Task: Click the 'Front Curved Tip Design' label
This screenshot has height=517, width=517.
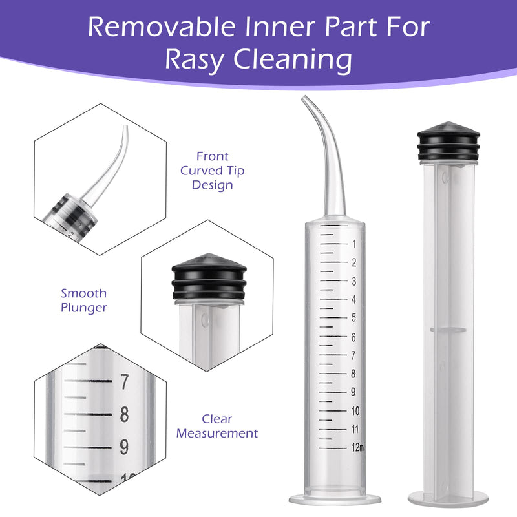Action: point(213,171)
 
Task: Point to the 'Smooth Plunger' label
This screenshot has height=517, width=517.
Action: point(84,301)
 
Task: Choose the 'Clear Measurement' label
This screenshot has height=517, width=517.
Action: point(217,426)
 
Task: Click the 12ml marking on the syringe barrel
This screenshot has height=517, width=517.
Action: point(358,447)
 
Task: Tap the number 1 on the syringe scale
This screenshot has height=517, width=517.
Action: point(354,244)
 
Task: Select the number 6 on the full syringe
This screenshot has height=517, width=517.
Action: point(353,337)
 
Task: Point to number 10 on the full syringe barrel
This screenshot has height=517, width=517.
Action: point(355,411)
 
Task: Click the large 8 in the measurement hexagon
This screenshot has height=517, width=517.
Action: point(124,414)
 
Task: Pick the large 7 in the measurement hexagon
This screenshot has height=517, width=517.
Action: point(124,381)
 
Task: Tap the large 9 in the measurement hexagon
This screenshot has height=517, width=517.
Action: point(124,447)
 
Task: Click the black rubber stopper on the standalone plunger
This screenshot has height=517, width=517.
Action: point(448,141)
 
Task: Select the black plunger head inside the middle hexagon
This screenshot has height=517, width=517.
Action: point(209,277)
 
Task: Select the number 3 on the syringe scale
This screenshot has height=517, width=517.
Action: point(353,281)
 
